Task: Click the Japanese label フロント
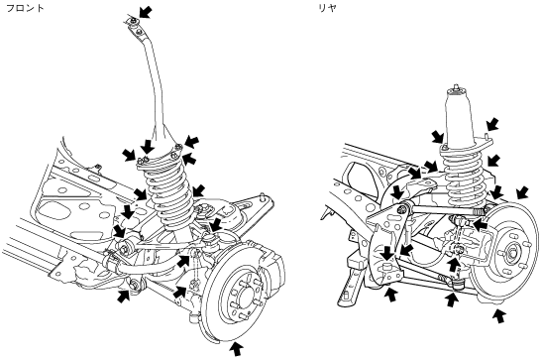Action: tap(25, 8)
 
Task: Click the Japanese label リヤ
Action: tap(327, 8)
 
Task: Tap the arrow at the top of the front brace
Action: tap(146, 12)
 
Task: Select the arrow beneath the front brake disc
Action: tap(237, 348)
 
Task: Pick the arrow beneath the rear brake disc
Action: tap(499, 315)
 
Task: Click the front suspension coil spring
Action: tap(168, 193)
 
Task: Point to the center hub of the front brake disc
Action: tap(245, 297)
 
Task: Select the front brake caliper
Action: tap(270, 263)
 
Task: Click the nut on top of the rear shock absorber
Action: tap(457, 86)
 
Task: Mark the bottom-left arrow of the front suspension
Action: tap(124, 297)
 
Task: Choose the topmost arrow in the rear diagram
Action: tap(492, 124)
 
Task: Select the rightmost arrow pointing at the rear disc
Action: tap(522, 192)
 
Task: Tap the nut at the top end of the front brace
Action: tap(134, 23)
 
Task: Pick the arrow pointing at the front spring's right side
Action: tap(198, 190)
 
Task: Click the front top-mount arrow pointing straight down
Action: tap(148, 147)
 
